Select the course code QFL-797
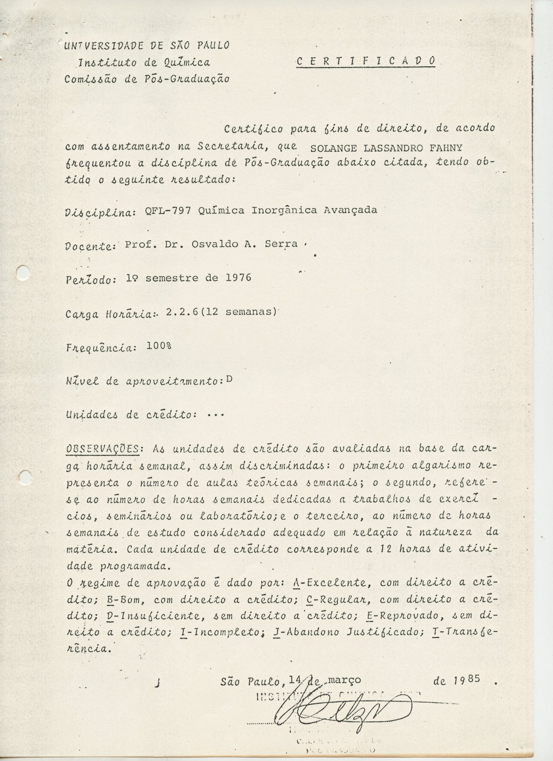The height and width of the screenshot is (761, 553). point(168,210)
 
